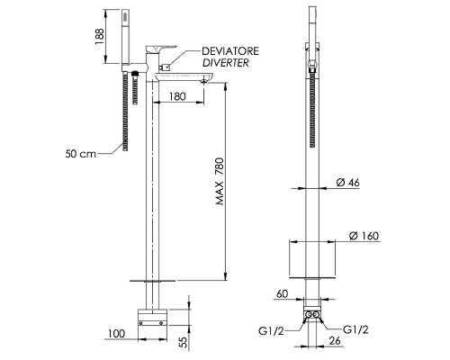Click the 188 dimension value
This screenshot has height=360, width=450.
point(100,37)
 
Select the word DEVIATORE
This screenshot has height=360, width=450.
point(230,51)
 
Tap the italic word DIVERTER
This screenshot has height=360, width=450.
point(226,63)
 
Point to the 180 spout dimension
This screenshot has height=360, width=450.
point(177,96)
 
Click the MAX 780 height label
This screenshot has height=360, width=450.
point(220,181)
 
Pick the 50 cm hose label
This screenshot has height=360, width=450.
point(80,154)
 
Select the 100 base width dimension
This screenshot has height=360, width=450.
point(116,333)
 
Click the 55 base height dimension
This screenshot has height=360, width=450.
point(184,341)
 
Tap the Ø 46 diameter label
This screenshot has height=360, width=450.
point(347,183)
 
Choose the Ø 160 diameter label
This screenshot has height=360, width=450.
point(364,236)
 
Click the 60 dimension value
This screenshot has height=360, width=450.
point(282,294)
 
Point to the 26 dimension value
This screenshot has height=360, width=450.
point(335,340)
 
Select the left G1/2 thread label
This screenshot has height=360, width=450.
point(271,331)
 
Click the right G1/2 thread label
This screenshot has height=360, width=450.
point(355,329)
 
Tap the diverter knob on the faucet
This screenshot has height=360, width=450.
point(166,67)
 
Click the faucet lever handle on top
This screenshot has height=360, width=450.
point(161,49)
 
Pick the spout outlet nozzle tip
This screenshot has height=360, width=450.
point(204,81)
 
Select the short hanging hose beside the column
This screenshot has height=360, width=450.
point(135,87)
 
